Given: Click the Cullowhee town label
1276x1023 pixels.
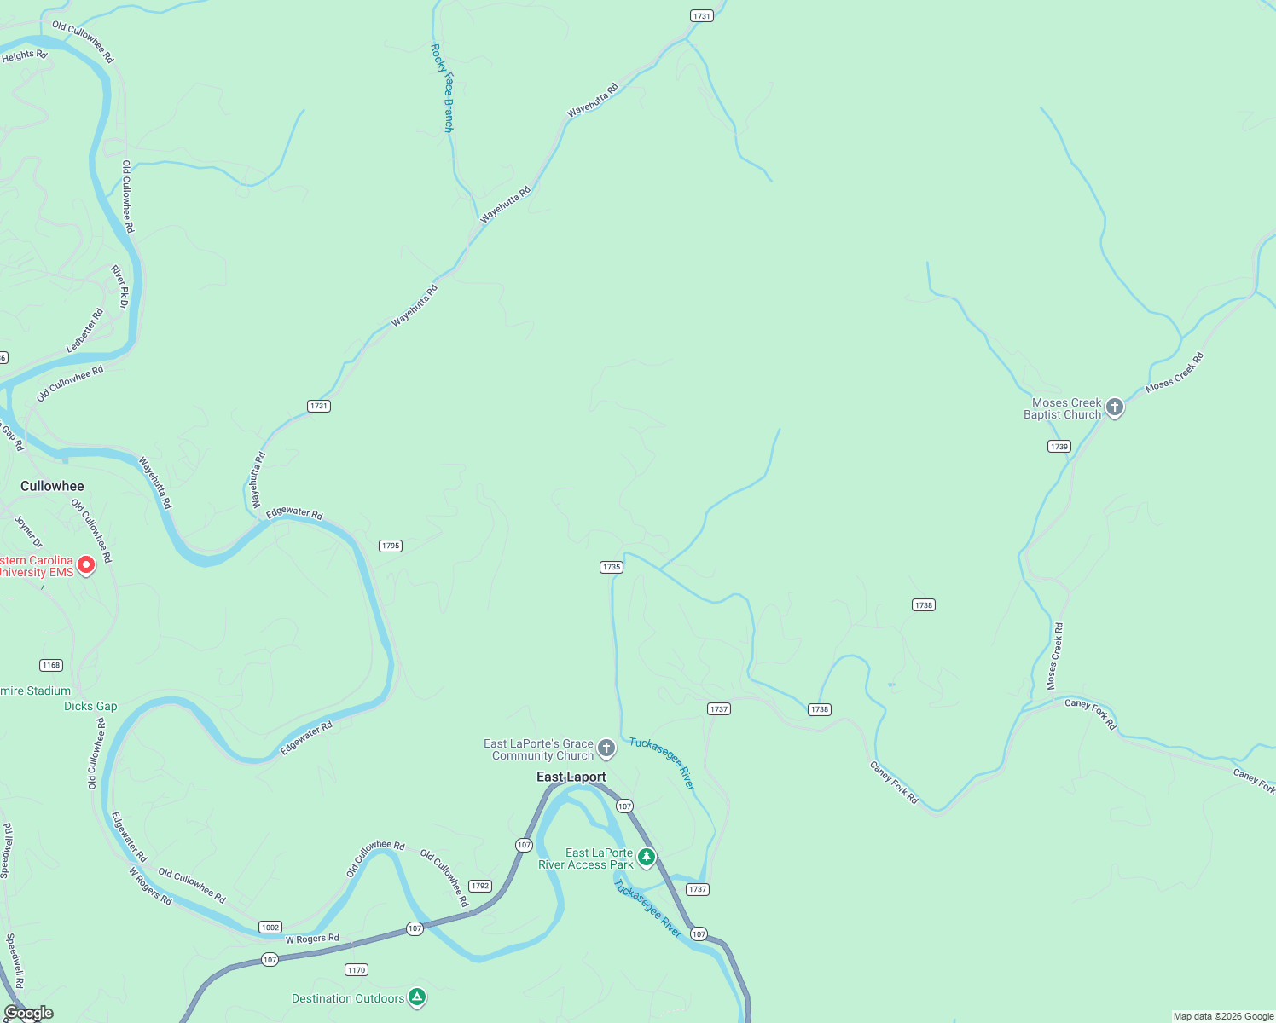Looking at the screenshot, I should (x=52, y=486).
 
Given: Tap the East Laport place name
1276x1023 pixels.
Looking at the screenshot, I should (x=571, y=777).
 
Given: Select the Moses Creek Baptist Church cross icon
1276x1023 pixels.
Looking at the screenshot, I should (x=1115, y=408).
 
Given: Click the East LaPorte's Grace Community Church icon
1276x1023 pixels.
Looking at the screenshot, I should (x=606, y=749).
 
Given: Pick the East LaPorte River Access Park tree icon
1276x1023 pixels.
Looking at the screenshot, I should (x=647, y=857).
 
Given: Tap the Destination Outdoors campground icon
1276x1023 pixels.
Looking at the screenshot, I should (x=416, y=997).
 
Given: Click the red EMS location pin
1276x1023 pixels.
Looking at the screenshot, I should (x=86, y=565).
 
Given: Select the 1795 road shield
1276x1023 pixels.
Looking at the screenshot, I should (x=391, y=546).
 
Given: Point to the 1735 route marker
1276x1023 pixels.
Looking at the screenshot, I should (x=612, y=567).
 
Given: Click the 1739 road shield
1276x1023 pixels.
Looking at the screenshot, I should (x=1059, y=446).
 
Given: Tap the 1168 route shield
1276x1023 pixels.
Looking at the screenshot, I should (x=51, y=665).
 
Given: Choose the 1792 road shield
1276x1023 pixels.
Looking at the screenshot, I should (x=480, y=886).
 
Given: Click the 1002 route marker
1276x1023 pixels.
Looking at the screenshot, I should (x=270, y=928).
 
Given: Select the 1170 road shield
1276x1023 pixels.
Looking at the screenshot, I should (x=357, y=969).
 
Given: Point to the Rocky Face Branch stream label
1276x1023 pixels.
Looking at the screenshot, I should (x=442, y=88).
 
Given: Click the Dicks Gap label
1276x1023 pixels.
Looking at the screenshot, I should (x=90, y=706).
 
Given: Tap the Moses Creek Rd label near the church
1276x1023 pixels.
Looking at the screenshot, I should (x=1174, y=373).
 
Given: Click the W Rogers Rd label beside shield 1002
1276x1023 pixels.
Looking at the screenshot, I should (x=312, y=939).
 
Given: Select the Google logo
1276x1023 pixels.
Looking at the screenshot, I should (x=29, y=1013).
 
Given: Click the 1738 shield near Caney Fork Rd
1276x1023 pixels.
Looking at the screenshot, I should (x=820, y=709).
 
